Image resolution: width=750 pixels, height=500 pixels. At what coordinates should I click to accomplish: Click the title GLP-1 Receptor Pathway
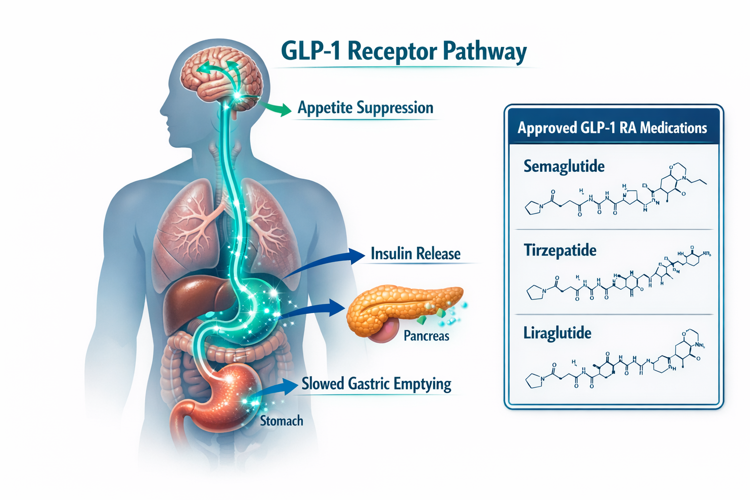404,51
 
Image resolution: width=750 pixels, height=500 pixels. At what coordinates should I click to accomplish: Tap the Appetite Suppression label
365,107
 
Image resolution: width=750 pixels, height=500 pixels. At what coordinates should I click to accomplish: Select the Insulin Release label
416,253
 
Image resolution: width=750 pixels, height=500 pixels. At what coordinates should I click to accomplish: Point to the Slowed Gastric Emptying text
376,383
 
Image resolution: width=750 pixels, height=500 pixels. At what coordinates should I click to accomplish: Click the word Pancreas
426,336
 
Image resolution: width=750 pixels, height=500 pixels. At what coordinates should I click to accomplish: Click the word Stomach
281,420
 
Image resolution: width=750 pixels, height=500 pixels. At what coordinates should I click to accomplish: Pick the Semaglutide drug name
564,167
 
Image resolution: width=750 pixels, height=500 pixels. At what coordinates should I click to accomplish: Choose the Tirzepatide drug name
560,250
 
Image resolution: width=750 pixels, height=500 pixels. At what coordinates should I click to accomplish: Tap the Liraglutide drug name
557,333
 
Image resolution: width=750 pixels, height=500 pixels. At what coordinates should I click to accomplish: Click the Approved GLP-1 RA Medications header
612,128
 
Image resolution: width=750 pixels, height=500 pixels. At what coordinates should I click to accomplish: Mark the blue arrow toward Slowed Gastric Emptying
278,388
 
